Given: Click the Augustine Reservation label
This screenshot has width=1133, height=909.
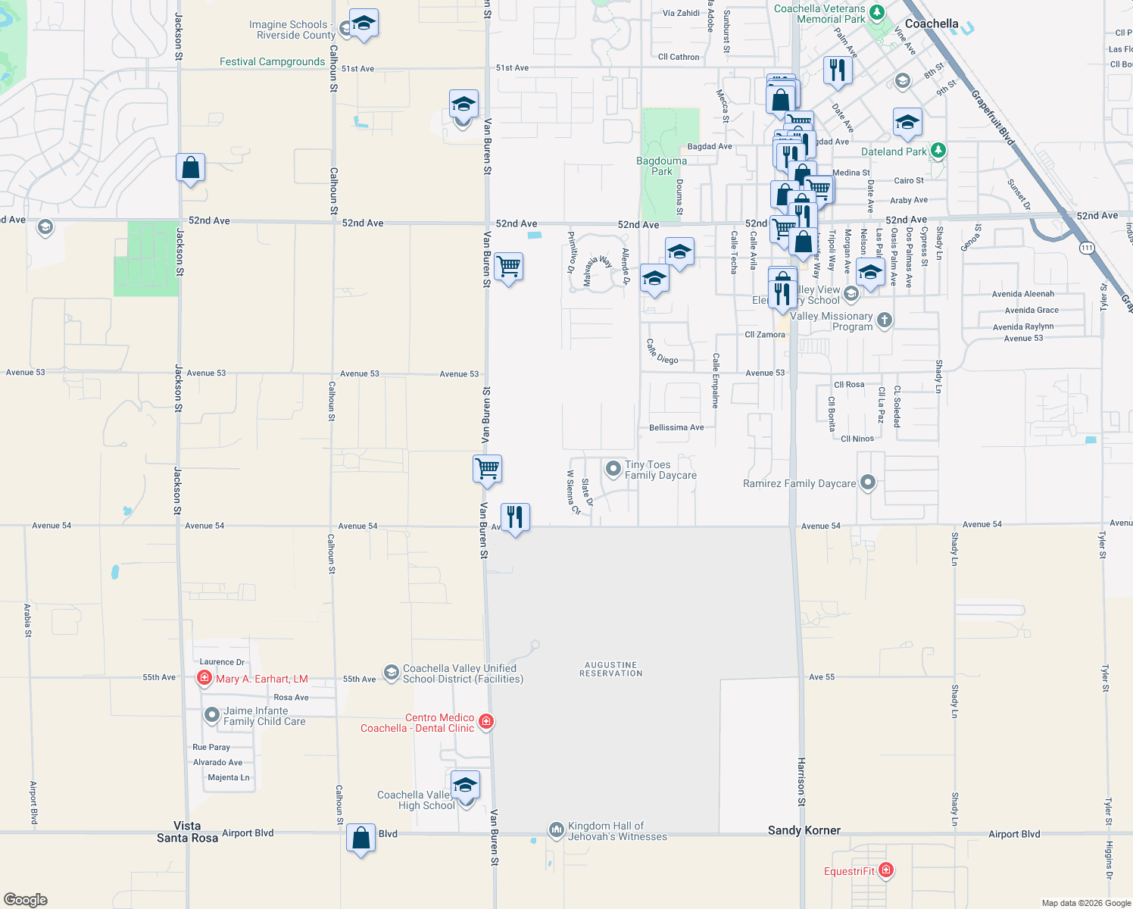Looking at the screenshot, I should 610,669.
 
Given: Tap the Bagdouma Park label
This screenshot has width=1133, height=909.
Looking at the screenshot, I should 661,166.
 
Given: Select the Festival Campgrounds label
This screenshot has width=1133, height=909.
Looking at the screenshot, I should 272,61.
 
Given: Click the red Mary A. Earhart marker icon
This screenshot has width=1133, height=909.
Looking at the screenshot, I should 204,678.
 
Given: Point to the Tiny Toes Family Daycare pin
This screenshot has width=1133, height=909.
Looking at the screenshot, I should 613,469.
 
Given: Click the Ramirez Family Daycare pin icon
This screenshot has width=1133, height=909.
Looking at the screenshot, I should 868,482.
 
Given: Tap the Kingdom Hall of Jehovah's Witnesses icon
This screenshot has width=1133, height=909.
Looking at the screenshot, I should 557,830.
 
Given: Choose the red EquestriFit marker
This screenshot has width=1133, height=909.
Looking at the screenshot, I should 885,870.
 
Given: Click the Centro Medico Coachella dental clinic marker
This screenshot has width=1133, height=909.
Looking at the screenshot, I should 486,722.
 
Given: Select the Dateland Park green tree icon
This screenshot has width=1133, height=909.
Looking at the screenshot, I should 938,151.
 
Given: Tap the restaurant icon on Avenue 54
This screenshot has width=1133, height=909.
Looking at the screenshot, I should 515,517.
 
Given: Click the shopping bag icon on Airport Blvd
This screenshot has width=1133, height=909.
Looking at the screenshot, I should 361,838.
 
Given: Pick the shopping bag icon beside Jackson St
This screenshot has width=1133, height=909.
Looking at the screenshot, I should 191,167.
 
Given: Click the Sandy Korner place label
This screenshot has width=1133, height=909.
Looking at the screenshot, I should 804,830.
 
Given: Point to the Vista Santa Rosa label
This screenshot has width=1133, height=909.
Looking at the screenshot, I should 187,832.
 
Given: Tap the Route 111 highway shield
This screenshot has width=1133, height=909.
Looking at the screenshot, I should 1087,248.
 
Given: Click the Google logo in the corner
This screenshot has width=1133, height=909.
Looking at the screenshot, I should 26,899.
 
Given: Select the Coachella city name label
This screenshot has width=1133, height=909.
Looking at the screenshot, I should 931,23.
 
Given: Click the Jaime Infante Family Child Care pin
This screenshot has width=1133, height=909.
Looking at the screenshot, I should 212,714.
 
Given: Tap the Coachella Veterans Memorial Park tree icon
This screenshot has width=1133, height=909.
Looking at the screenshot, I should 877,13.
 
